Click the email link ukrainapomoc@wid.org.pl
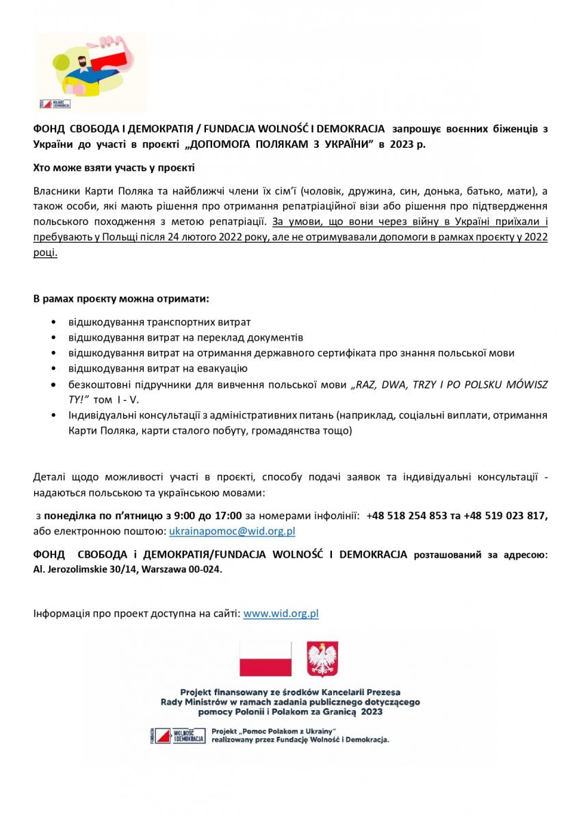tap(232, 530)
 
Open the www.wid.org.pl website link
tap(281, 614)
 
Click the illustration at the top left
tap(91, 72)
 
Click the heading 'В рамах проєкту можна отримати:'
tap(121, 300)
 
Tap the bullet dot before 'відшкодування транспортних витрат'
tap(54, 322)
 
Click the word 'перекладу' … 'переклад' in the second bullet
tap(203, 337)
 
